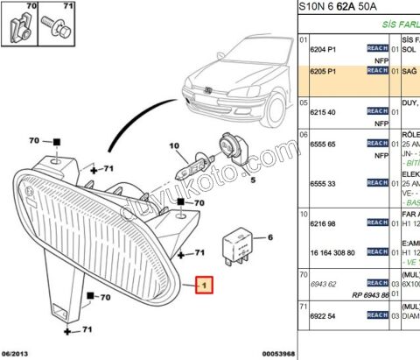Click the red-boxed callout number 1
(x=203, y=285)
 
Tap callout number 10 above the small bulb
(x=173, y=145)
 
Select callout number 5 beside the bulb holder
(x=252, y=180)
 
